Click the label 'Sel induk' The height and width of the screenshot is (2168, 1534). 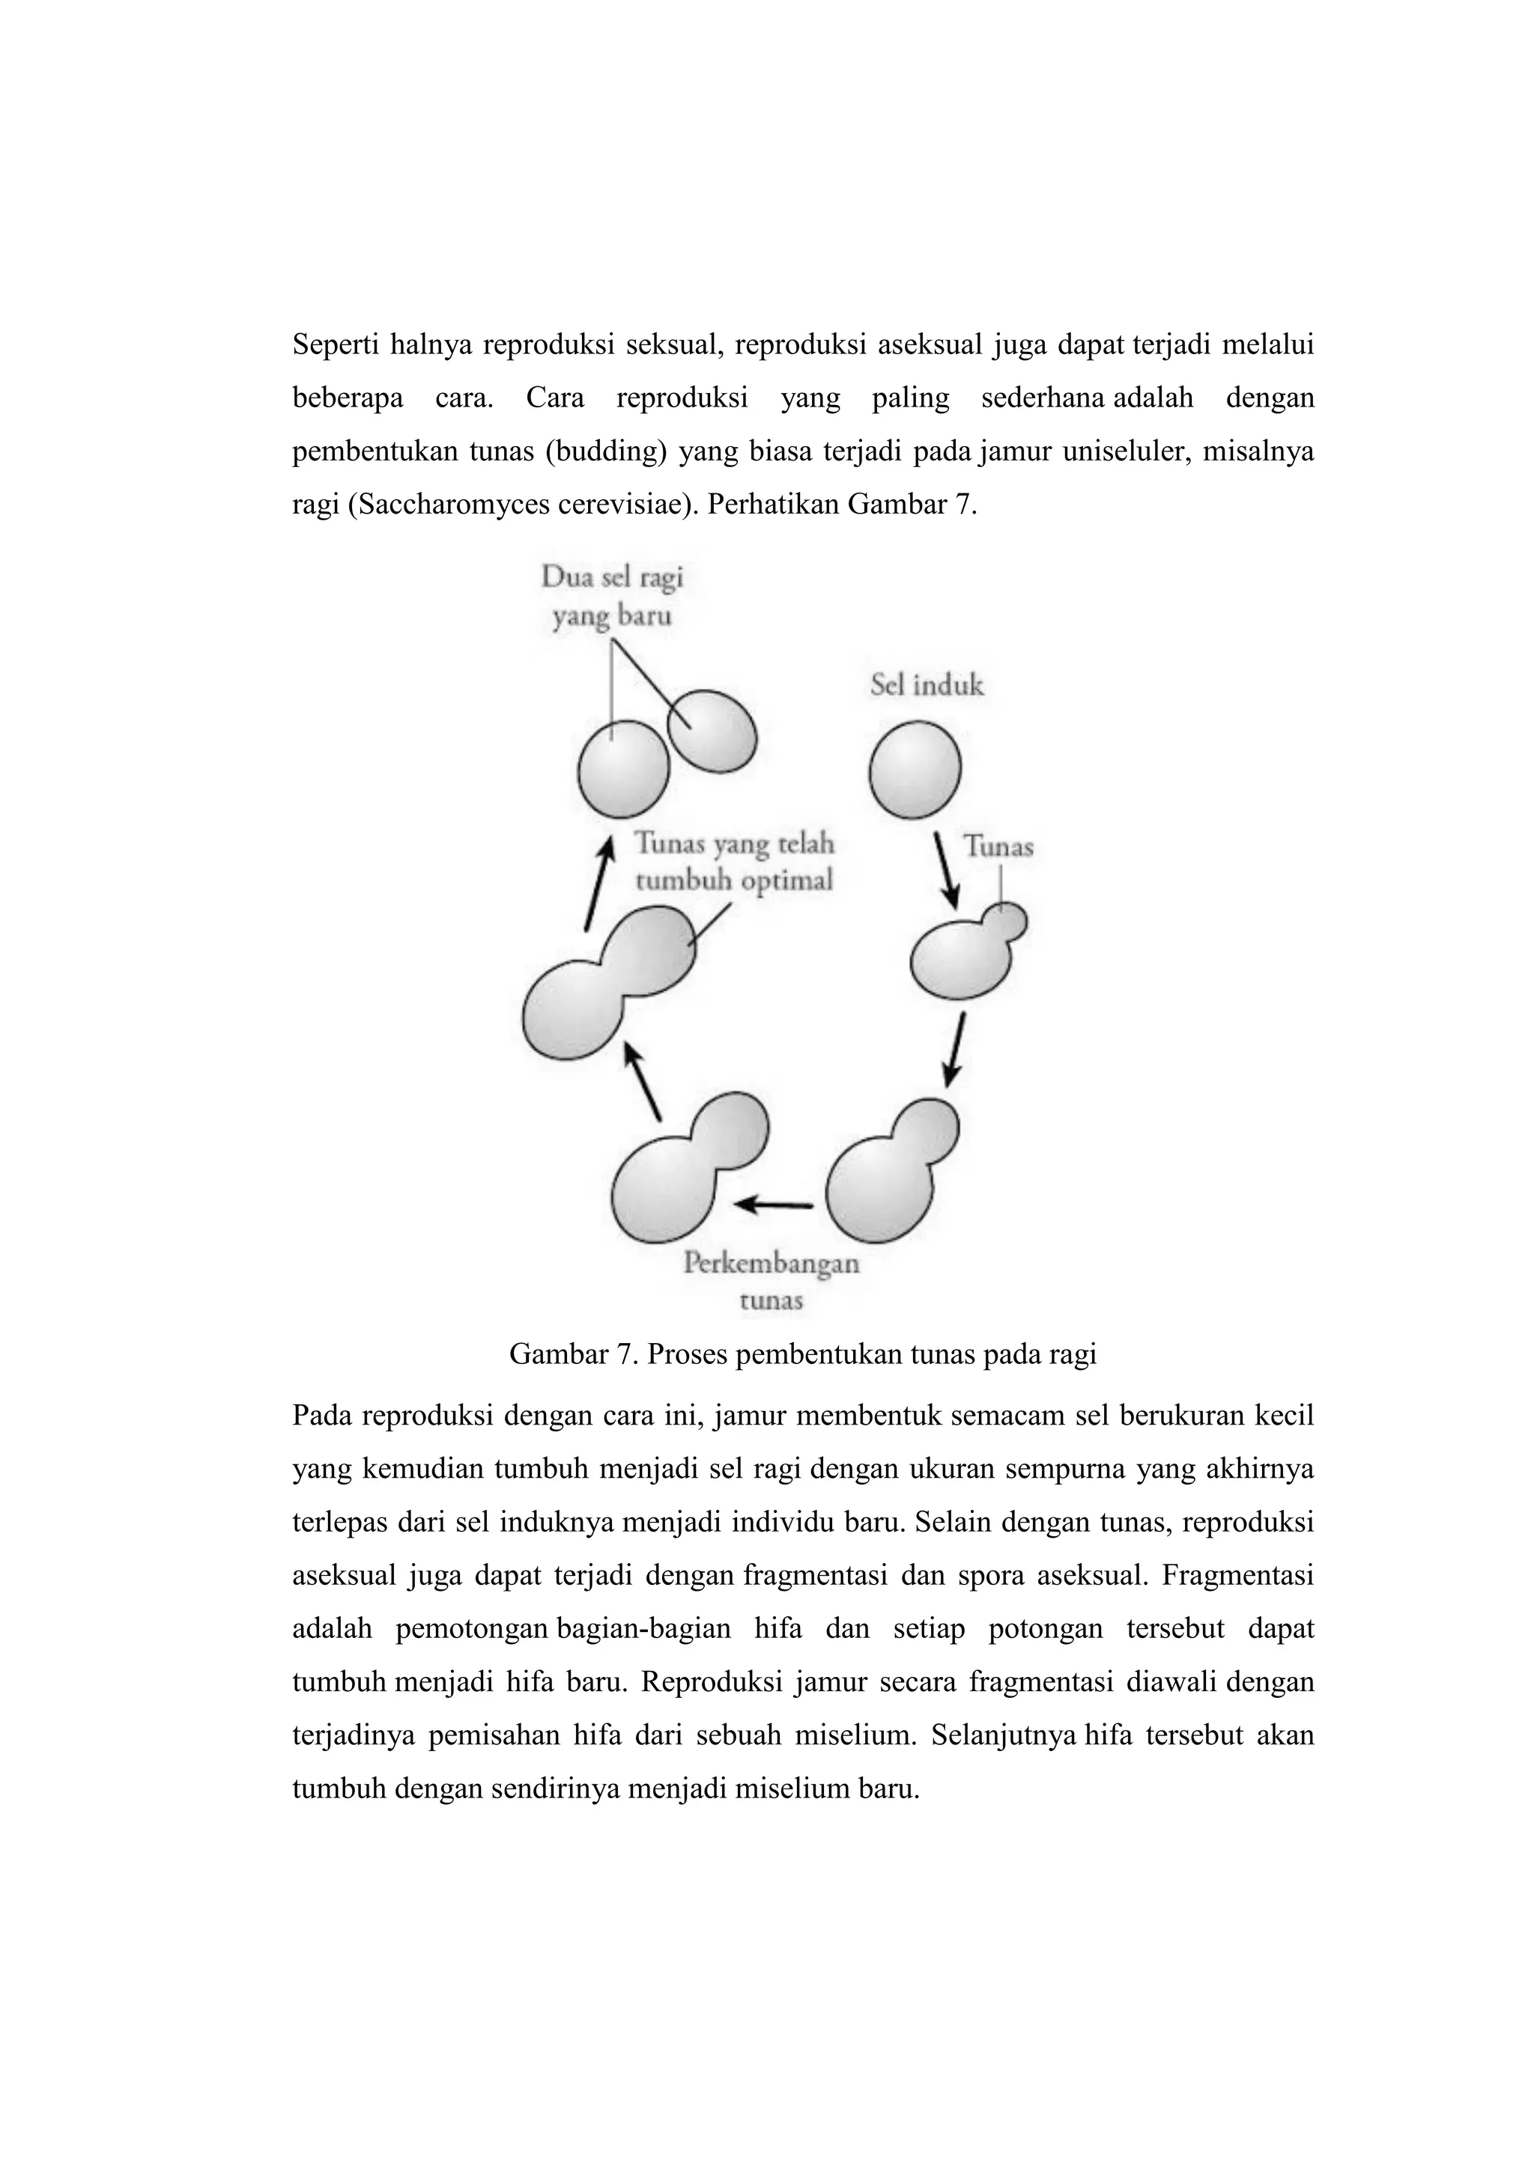point(926,686)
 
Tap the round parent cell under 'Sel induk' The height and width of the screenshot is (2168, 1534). point(915,770)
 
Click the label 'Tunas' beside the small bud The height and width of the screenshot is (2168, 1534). point(998,847)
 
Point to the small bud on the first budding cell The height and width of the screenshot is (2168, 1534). point(1006,921)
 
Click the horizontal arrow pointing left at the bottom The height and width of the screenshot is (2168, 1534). point(774,1204)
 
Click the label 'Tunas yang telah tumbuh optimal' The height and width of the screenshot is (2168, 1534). point(734,861)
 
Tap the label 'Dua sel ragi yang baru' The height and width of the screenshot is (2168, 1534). point(612,596)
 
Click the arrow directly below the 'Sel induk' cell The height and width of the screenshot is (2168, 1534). point(948,870)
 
